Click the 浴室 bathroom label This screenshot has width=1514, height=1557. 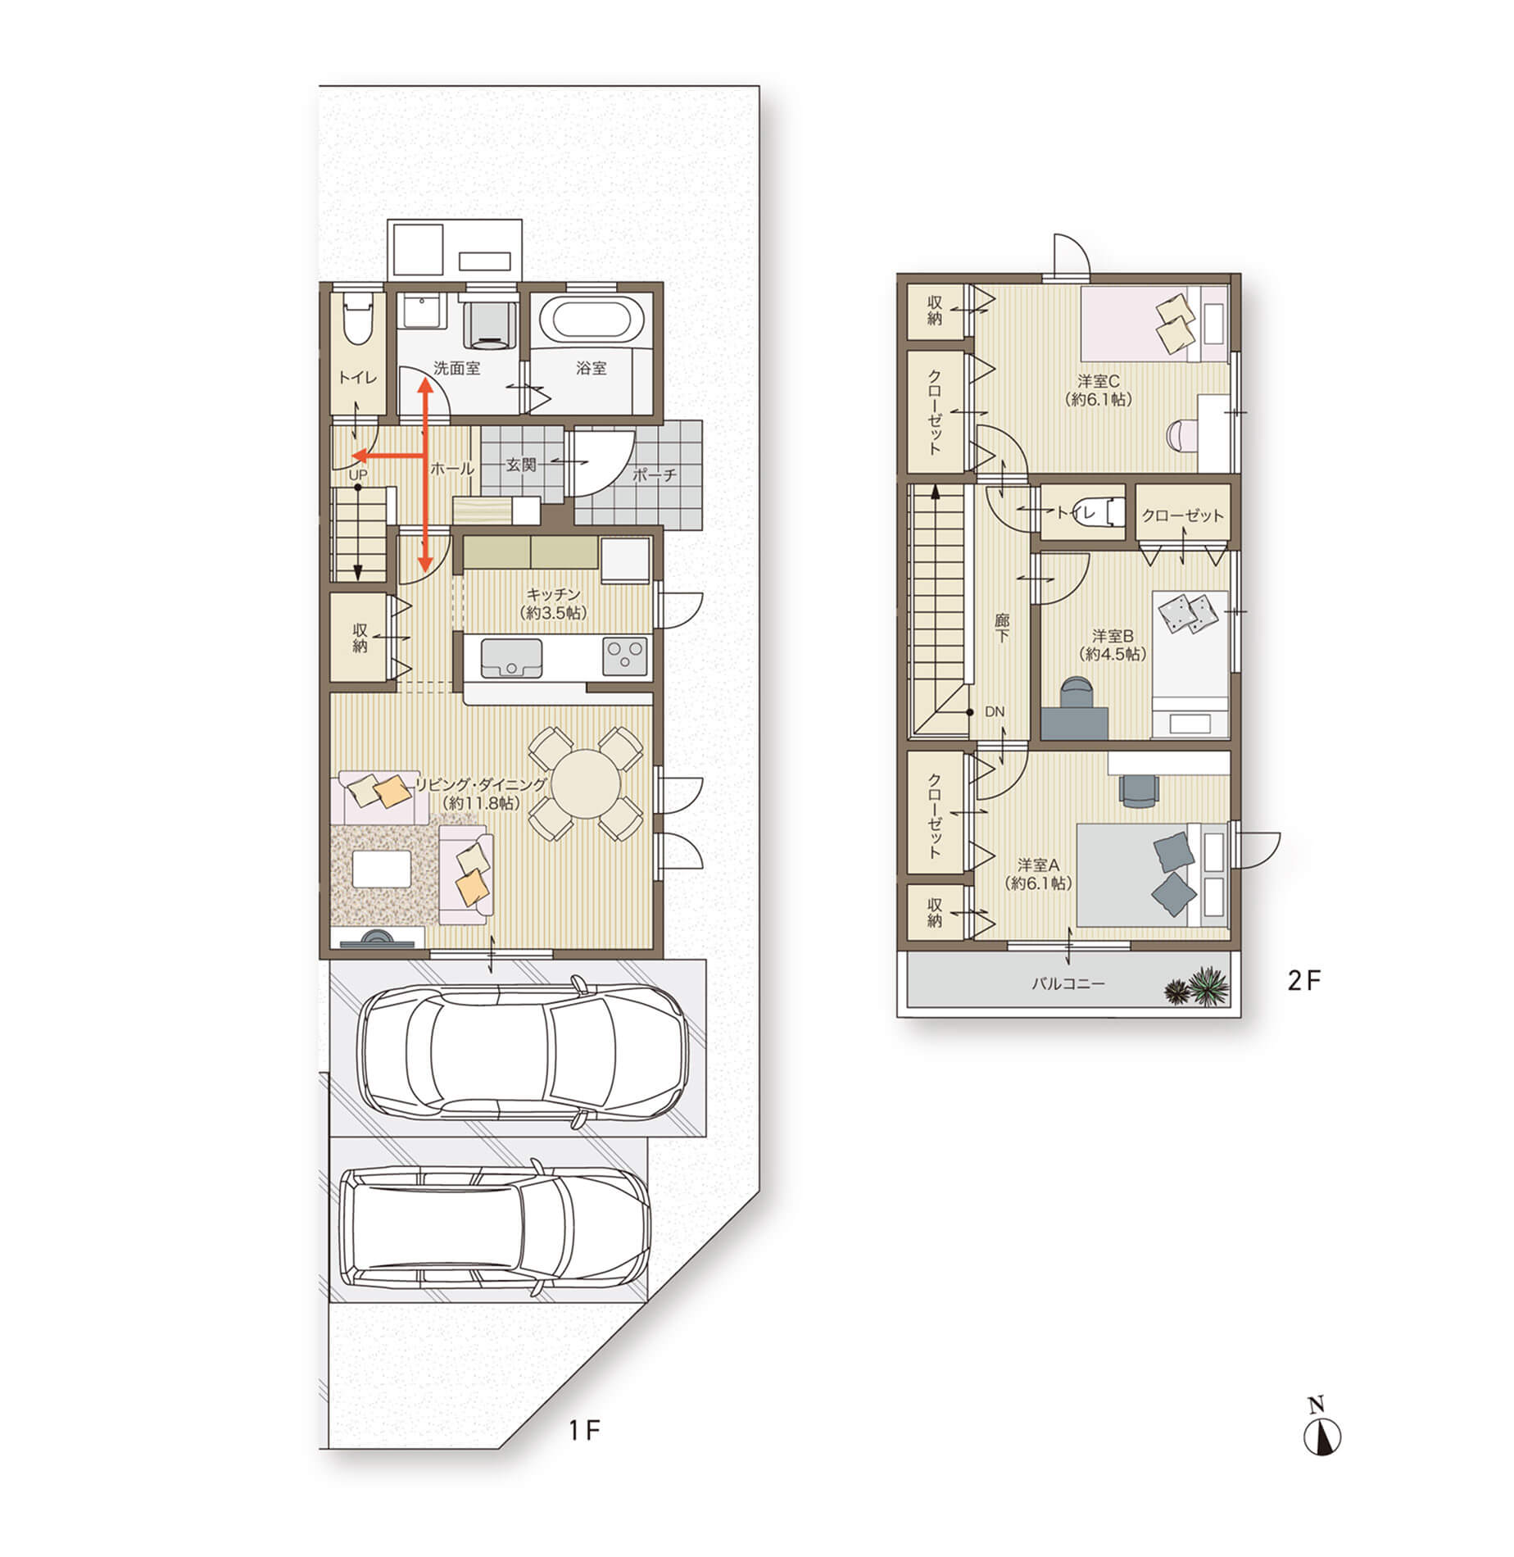[x=591, y=368]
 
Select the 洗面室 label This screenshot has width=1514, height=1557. [x=456, y=368]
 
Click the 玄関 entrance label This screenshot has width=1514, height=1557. [x=521, y=465]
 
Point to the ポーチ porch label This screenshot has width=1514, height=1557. [x=655, y=474]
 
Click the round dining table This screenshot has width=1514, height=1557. [x=586, y=783]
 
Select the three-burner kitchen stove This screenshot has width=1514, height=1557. [x=625, y=656]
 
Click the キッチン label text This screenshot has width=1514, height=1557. [x=554, y=595]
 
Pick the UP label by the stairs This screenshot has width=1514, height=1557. [x=358, y=474]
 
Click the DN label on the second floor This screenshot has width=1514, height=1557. [x=995, y=711]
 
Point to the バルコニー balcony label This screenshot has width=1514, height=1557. [x=1068, y=983]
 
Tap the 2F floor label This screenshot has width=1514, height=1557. [x=1304, y=981]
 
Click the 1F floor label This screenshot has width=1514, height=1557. [x=585, y=1431]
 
